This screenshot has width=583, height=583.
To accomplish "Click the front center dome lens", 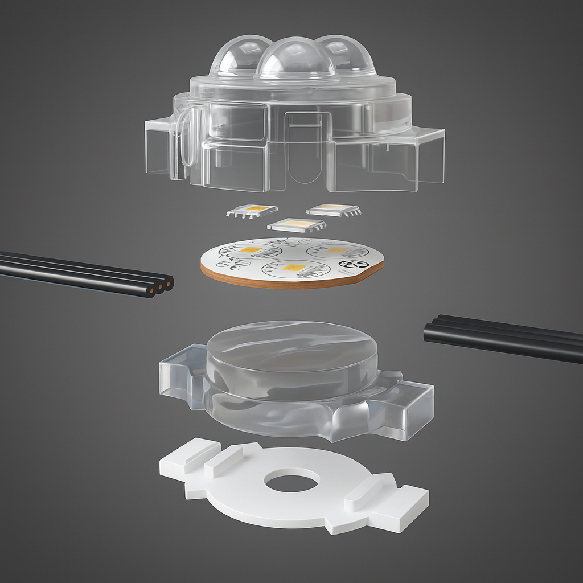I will click(x=294, y=60).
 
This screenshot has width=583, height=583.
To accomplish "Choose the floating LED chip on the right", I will click(x=333, y=210).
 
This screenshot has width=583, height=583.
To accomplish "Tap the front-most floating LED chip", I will click(x=295, y=225).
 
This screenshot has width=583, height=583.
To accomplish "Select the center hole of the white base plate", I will click(x=291, y=483).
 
